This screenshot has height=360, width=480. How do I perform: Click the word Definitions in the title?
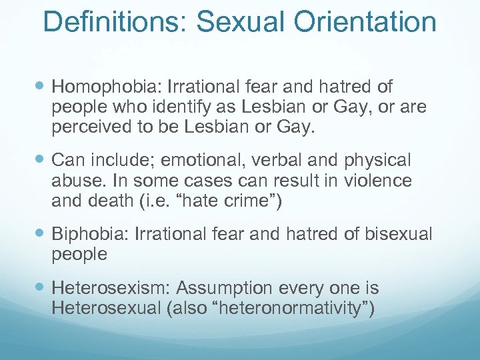click(x=117, y=21)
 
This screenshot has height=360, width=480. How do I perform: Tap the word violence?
click(x=383, y=181)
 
